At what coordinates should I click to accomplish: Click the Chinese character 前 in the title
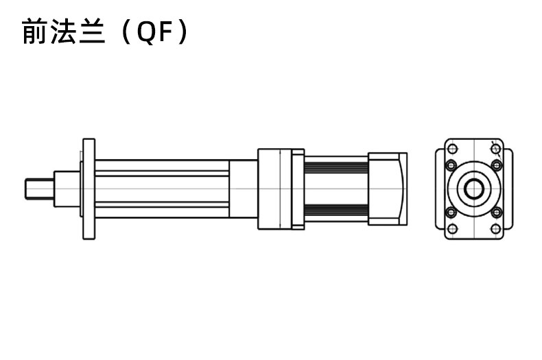[x=34, y=31]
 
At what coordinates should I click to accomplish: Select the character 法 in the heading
[x=63, y=31]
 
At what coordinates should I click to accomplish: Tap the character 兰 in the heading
[x=93, y=31]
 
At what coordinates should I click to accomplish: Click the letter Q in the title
[x=148, y=32]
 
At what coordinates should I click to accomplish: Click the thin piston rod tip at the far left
[x=39, y=189]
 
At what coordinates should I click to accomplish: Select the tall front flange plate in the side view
[x=89, y=189]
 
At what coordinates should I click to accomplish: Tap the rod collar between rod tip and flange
[x=67, y=189]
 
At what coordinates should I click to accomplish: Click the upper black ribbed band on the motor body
[x=336, y=167]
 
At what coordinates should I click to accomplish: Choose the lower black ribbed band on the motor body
[x=336, y=210]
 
